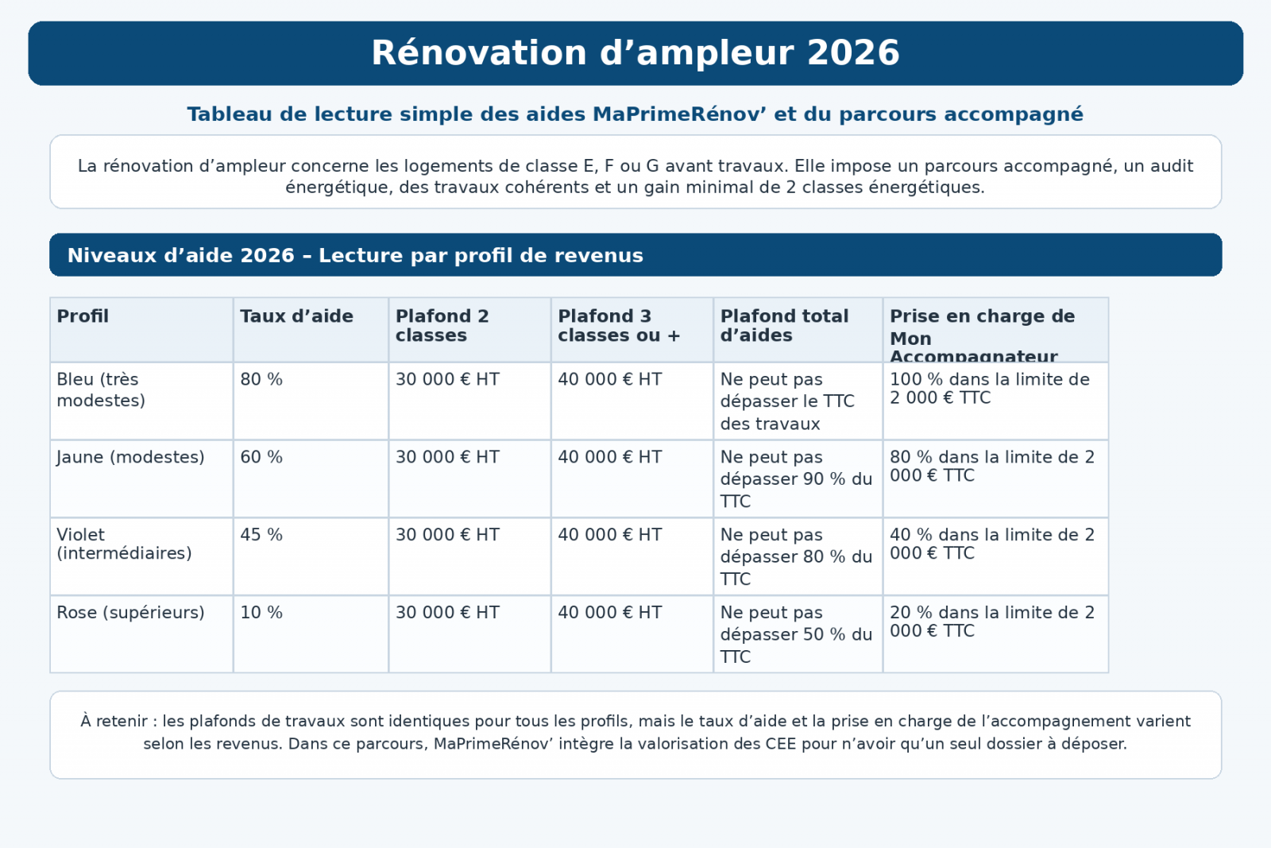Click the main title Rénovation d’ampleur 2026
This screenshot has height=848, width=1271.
(x=635, y=53)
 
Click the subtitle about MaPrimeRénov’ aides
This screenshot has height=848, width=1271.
(x=635, y=114)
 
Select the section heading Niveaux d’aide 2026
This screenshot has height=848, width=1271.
(x=355, y=256)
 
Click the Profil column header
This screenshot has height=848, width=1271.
(x=83, y=316)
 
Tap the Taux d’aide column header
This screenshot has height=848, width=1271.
(x=296, y=316)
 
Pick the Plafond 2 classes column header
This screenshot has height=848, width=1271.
(x=442, y=326)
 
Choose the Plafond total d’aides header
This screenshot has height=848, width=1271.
(x=784, y=326)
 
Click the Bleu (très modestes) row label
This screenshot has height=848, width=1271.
(x=101, y=389)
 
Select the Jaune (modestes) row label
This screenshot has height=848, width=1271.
(x=130, y=457)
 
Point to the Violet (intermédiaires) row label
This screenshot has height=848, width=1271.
(x=124, y=544)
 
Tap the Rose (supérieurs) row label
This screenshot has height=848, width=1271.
(x=130, y=613)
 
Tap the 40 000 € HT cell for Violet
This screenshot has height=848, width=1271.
(x=609, y=535)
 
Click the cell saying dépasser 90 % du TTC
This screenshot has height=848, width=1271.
(x=796, y=479)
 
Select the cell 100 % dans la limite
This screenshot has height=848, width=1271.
(x=989, y=389)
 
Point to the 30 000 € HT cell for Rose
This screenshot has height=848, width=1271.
(x=447, y=613)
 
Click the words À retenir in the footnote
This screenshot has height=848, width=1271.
(x=114, y=722)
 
